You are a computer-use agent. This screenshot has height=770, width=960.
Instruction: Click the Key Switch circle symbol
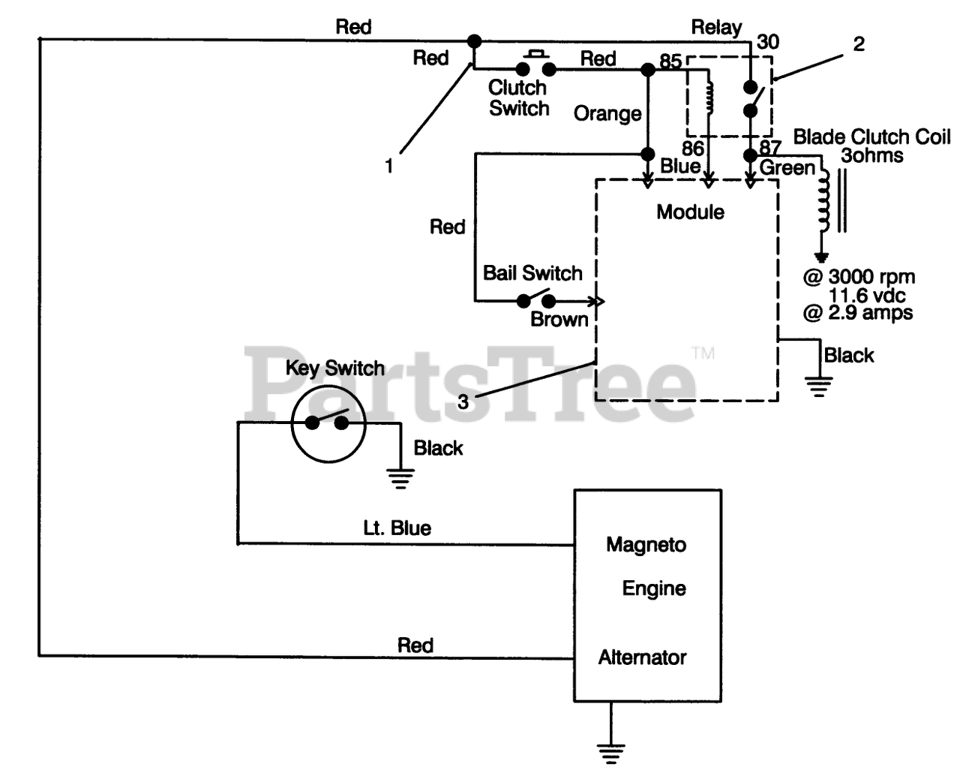coord(328,423)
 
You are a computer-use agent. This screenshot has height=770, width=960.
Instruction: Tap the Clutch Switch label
coord(518,98)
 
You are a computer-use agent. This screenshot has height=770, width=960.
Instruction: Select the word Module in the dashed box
coord(690,212)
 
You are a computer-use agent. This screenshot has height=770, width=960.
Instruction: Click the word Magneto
coord(646,545)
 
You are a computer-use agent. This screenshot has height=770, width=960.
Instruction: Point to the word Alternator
coord(643,657)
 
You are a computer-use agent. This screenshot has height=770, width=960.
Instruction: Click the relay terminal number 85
coord(670,61)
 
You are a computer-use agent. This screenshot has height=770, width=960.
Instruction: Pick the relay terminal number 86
coord(693,148)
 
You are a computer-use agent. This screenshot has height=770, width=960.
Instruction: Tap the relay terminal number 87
coord(770,147)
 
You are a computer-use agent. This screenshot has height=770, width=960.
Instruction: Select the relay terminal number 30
coord(768,42)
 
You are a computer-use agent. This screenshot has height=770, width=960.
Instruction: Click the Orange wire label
coord(607,114)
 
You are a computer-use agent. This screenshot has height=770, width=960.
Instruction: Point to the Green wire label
coord(787,168)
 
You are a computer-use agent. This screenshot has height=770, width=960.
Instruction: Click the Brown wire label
coord(559,319)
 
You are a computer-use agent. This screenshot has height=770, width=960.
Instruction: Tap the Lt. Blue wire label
coord(397,528)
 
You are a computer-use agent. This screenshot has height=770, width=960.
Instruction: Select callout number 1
coord(389,166)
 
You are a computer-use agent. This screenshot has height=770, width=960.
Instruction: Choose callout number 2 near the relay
coord(859,44)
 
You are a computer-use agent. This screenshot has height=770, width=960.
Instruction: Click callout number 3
coord(463,402)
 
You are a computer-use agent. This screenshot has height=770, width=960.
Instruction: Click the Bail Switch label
coord(532,272)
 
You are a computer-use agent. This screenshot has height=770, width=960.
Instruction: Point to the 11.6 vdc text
coord(867,296)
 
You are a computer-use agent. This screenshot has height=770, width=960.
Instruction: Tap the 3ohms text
coord(872,155)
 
